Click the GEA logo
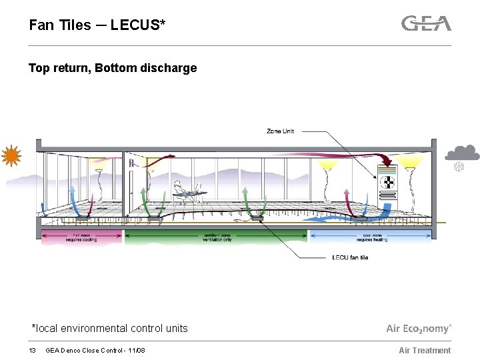point(426,23)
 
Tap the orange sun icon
point(11,157)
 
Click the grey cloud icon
point(462,153)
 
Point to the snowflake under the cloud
point(459,167)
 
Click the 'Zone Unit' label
point(280,131)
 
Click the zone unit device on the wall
point(387,183)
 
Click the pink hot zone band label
point(82,237)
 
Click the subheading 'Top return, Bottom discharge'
point(113,68)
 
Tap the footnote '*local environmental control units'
point(110,328)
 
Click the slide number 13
point(32,351)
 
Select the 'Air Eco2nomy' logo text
point(419,329)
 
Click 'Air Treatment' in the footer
point(425,351)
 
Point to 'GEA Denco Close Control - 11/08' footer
point(95,351)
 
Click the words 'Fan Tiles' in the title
point(60,25)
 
